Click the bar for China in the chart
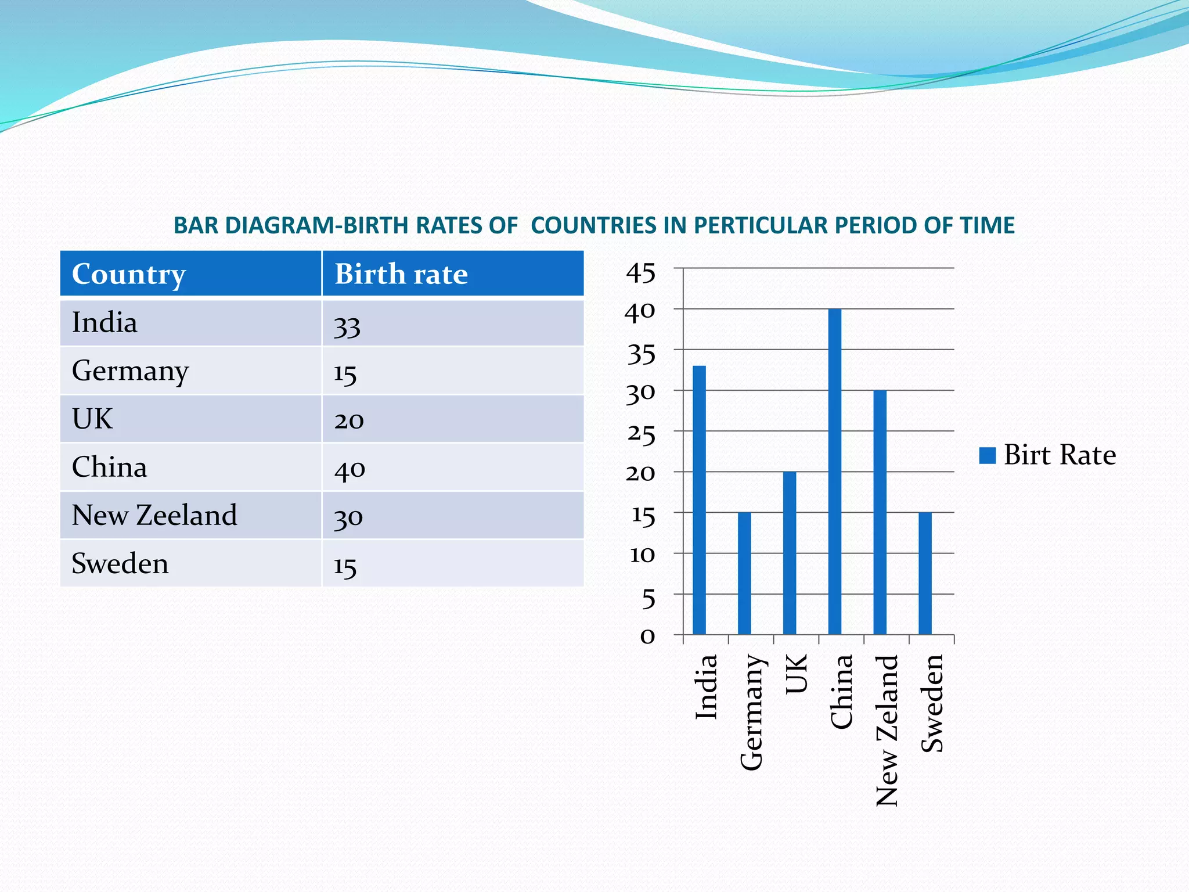[835, 472]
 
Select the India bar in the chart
[699, 500]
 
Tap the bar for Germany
[744, 573]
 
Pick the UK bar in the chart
[790, 553]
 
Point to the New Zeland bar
[880, 512]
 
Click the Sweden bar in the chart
[925, 573]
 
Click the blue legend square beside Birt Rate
[988, 455]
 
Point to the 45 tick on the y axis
[641, 272]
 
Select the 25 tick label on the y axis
[641, 434]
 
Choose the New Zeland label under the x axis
[887, 731]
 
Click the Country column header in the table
[129, 274]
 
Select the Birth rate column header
[401, 274]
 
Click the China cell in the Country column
[110, 467]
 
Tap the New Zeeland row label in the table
[154, 515]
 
